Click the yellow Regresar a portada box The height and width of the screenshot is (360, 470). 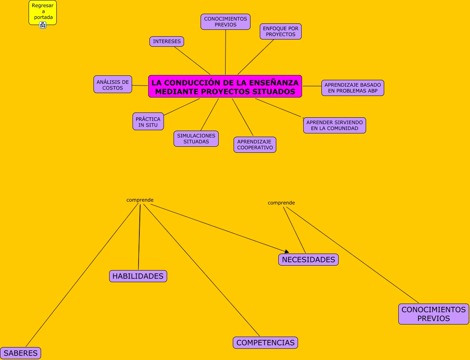[42, 11]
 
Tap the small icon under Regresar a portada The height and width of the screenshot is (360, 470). [43, 25]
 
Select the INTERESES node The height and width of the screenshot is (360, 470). [167, 42]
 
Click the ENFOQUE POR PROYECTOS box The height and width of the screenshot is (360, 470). [281, 31]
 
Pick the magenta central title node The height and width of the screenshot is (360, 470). [225, 87]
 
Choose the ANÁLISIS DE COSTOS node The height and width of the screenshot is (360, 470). [113, 85]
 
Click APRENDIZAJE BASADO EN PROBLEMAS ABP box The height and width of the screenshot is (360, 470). [352, 88]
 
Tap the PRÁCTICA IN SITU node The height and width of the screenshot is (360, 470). [148, 122]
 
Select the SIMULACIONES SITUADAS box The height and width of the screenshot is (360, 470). [196, 139]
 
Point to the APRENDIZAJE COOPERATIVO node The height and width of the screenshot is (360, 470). [255, 145]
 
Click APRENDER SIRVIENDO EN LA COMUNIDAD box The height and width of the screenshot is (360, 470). [335, 125]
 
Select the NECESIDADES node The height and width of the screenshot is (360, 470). [309, 260]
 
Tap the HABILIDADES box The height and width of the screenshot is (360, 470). [138, 276]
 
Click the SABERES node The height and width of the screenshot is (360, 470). [21, 353]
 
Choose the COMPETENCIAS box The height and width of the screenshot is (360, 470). [265, 343]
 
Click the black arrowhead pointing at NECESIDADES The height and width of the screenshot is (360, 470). [287, 252]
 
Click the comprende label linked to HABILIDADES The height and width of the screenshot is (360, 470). [140, 200]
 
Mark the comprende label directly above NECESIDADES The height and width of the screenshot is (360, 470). [281, 203]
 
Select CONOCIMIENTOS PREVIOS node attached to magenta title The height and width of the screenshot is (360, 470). [226, 22]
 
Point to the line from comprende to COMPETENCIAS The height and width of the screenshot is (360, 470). [201, 270]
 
